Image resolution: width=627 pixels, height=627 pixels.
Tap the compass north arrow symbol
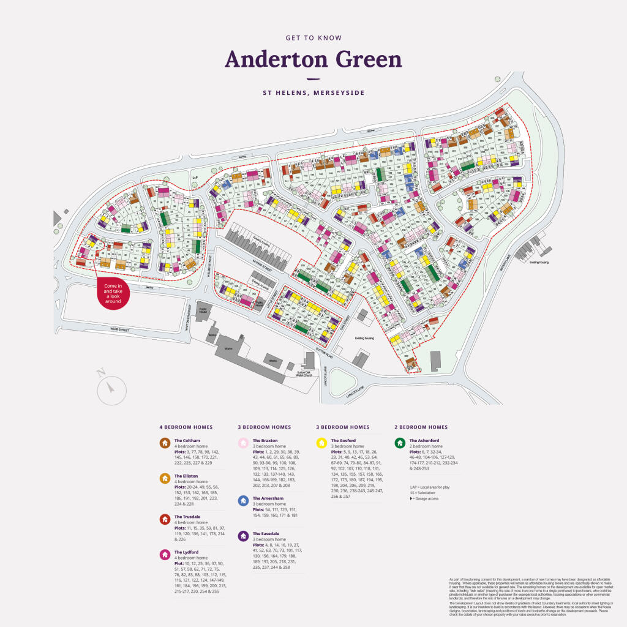[x=111, y=387]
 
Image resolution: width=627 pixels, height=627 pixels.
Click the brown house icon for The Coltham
[x=164, y=443]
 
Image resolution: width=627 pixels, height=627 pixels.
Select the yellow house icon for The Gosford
[x=321, y=443]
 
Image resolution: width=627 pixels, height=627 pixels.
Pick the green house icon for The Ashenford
[x=399, y=443]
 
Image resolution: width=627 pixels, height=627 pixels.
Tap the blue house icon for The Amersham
[x=242, y=501]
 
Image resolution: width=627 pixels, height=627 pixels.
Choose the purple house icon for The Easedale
[x=242, y=536]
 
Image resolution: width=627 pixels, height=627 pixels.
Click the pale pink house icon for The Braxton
[x=242, y=443]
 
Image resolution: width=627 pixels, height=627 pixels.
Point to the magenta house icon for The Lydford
[x=164, y=555]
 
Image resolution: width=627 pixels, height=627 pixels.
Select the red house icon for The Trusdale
[x=164, y=519]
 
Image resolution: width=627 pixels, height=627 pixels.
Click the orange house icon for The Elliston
[x=164, y=478]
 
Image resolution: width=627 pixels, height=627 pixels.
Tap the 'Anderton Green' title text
[x=313, y=60]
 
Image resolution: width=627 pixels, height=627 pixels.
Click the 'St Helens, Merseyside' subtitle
[x=313, y=93]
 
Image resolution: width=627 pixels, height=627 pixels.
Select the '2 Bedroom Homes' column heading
[x=421, y=427]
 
